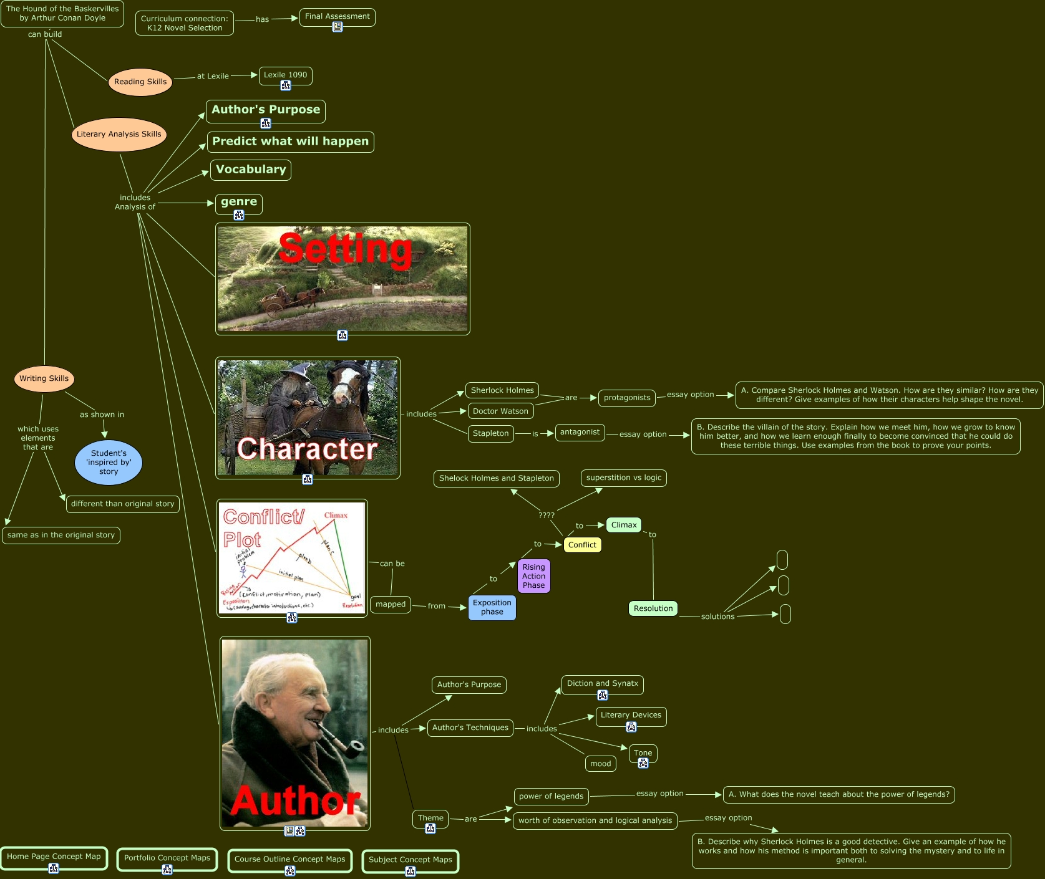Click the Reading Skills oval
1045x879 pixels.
(140, 82)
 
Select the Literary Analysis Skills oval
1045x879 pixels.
(119, 134)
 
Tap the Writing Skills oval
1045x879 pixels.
(44, 378)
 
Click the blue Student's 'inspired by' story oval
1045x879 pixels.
(109, 463)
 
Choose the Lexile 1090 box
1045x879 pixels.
(285, 75)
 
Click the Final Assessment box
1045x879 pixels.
(337, 16)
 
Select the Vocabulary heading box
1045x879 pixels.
(251, 170)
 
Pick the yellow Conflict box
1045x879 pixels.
(582, 545)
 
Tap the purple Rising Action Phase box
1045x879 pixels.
(533, 576)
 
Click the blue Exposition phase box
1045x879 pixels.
(492, 607)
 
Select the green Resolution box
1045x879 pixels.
(653, 608)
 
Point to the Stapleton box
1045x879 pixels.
(490, 433)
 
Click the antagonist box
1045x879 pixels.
(580, 432)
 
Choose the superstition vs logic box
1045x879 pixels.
(623, 478)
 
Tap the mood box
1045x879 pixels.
(600, 764)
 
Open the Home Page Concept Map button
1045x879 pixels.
(54, 857)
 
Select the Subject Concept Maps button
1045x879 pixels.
(410, 860)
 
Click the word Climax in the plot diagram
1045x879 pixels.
(336, 515)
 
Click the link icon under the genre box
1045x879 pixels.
(239, 215)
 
